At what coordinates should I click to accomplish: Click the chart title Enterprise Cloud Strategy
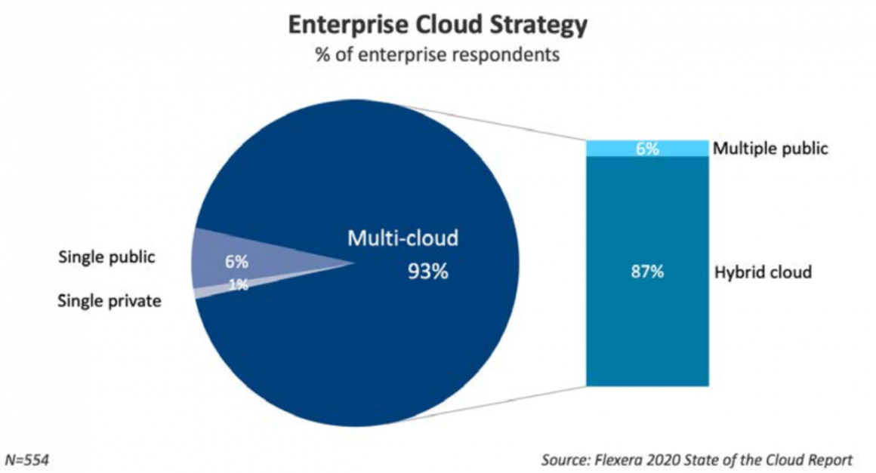click(437, 26)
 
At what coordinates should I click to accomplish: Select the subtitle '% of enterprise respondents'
click(437, 56)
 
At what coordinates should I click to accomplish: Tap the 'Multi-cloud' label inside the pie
click(403, 239)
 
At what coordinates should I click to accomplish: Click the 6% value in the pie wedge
click(236, 263)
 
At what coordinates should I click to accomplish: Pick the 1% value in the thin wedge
click(239, 285)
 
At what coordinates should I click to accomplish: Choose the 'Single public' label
click(106, 257)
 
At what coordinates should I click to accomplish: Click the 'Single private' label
click(109, 302)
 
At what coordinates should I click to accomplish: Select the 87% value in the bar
click(647, 272)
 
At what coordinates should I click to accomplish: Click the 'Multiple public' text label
click(771, 149)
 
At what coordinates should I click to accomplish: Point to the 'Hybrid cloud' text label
click(763, 272)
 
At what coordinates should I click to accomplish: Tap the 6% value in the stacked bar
click(647, 149)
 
